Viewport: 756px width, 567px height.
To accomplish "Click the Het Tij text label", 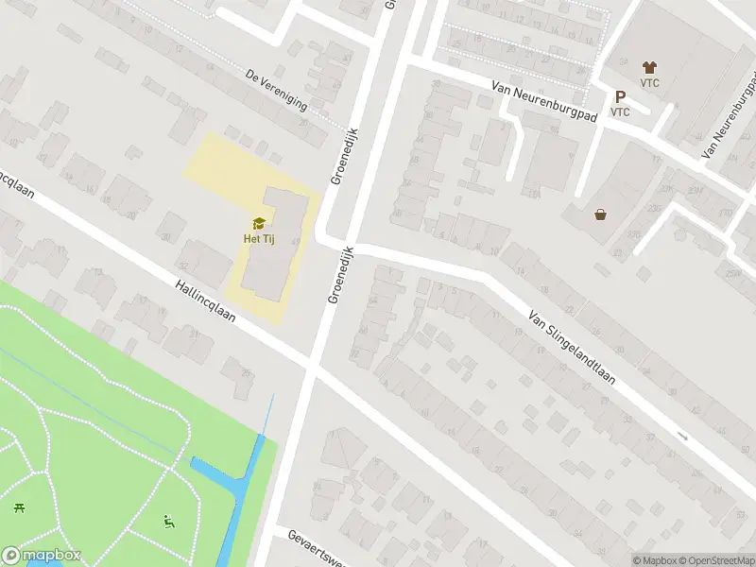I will [258, 237].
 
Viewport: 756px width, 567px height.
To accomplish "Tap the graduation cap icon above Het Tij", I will [258, 223].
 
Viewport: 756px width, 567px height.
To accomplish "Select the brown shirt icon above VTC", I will [649, 67].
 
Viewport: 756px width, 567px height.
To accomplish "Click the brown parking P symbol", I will [620, 96].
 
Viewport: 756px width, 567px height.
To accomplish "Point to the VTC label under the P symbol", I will [620, 112].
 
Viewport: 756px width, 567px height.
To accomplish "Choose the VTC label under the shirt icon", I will [649, 81].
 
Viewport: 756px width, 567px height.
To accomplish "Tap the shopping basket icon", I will [600, 214].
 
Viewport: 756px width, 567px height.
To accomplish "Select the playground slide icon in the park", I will [169, 520].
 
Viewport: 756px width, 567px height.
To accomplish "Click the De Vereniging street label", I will [276, 90].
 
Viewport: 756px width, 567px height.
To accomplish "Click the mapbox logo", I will [42, 556].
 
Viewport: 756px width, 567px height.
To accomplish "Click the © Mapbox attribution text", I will [655, 559].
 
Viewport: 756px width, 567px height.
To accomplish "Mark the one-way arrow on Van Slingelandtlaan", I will [682, 436].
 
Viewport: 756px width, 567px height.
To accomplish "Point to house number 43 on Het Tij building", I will [296, 243].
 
